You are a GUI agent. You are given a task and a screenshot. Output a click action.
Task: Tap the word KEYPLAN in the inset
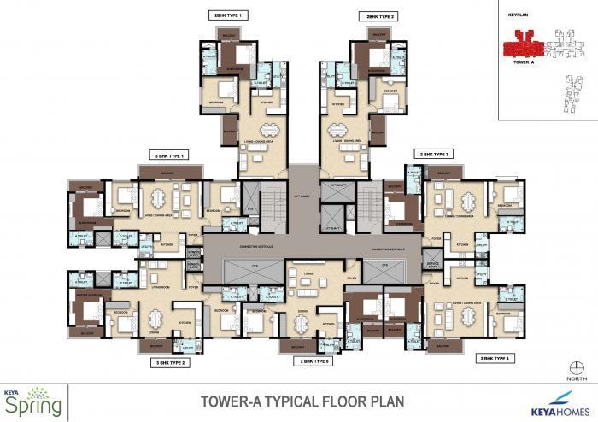(x=520, y=15)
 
